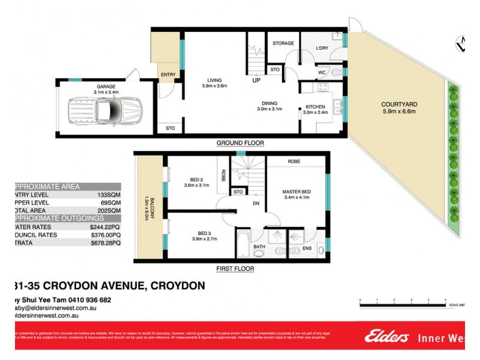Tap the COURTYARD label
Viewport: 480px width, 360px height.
[399, 104]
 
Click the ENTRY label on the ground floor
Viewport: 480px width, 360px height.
[167, 74]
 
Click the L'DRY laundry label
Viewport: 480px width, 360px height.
[322, 47]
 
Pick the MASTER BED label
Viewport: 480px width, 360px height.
[295, 192]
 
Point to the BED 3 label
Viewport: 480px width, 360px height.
[196, 233]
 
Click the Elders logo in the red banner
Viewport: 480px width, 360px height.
[383, 337]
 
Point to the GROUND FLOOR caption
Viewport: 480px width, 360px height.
[240, 143]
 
